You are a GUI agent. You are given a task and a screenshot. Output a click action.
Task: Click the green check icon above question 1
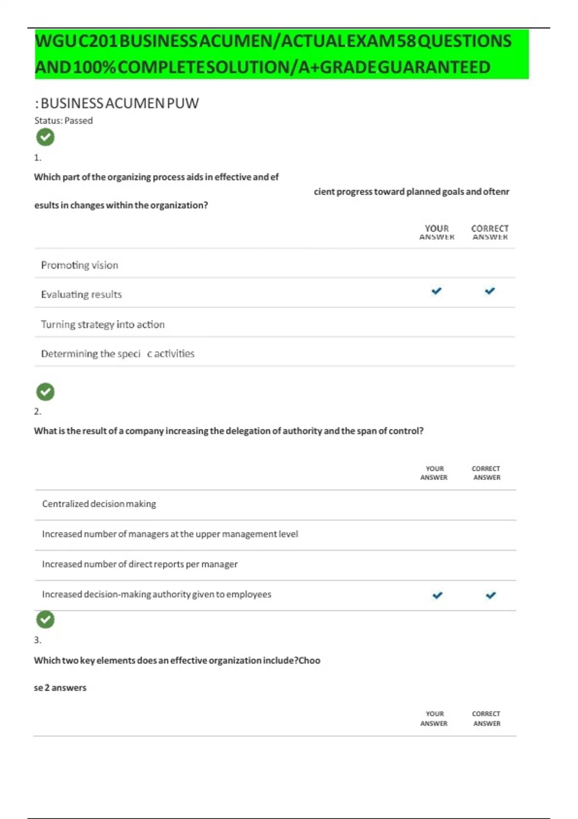pyautogui.click(x=45, y=137)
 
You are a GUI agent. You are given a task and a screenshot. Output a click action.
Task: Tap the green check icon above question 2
pyautogui.click(x=45, y=392)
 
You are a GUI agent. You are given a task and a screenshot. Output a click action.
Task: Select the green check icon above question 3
pyautogui.click(x=45, y=620)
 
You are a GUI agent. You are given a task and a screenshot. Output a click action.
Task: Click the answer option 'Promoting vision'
pyautogui.click(x=79, y=265)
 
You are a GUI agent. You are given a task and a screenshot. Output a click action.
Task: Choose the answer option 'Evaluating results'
pyautogui.click(x=81, y=294)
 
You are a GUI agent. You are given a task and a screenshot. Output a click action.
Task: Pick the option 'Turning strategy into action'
pyautogui.click(x=103, y=324)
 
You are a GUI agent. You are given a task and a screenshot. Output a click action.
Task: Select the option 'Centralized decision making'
pyautogui.click(x=99, y=504)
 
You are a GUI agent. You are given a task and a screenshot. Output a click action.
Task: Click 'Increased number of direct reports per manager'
pyautogui.click(x=140, y=564)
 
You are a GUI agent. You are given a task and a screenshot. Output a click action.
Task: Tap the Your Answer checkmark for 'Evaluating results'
pyautogui.click(x=436, y=291)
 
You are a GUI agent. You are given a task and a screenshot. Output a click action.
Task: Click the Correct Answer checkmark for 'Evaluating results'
pyautogui.click(x=490, y=291)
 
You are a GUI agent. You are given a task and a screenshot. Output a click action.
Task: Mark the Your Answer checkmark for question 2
pyautogui.click(x=437, y=595)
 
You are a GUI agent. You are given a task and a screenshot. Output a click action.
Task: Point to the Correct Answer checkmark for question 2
pyautogui.click(x=491, y=595)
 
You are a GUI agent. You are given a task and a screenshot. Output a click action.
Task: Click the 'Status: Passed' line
pyautogui.click(x=64, y=120)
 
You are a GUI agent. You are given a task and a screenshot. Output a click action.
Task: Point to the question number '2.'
pyautogui.click(x=38, y=411)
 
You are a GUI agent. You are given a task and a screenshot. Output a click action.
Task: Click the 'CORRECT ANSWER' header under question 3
pyautogui.click(x=486, y=718)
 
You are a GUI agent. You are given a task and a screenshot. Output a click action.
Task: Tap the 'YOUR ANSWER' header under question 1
pyautogui.click(x=437, y=232)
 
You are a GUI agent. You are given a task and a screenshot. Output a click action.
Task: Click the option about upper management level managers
pyautogui.click(x=170, y=534)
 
